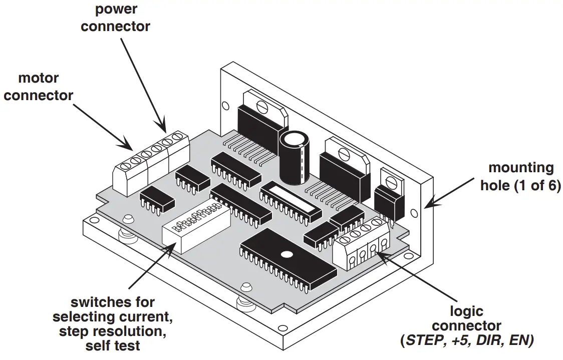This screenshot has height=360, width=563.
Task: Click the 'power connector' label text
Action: click(115, 18)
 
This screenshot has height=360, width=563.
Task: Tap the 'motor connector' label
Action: click(39, 87)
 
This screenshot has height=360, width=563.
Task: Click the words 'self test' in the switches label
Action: click(113, 345)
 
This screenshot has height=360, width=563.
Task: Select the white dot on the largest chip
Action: click(286, 254)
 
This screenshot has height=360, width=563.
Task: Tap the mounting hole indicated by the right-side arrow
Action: click(414, 213)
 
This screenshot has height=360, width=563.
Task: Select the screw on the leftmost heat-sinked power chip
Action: click(262, 106)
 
